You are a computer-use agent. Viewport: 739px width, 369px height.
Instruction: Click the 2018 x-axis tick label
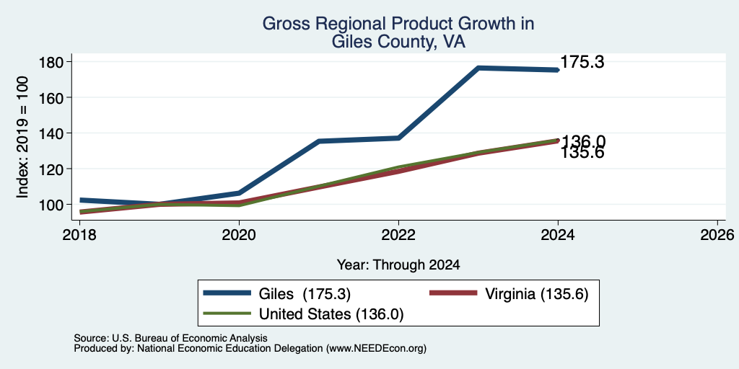point(79,234)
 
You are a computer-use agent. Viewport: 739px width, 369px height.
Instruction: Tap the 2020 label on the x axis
point(239,234)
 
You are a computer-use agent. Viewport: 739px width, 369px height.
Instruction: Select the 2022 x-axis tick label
point(398,234)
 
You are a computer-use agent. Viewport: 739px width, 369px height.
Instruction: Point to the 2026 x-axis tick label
point(717,234)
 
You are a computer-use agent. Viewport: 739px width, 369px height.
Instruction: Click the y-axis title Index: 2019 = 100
point(22,138)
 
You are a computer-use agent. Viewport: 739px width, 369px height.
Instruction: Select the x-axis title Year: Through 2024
point(398,264)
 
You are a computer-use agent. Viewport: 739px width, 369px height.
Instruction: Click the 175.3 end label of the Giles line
point(582,62)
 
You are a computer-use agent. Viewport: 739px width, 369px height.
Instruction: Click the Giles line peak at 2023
point(478,68)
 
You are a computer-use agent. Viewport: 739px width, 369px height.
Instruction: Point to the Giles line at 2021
point(319,141)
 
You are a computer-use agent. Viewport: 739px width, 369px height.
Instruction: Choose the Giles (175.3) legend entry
point(277,294)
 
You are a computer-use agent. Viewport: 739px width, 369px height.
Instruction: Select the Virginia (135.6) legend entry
point(510,294)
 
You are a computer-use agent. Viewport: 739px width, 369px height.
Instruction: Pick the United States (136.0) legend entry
point(304,314)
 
